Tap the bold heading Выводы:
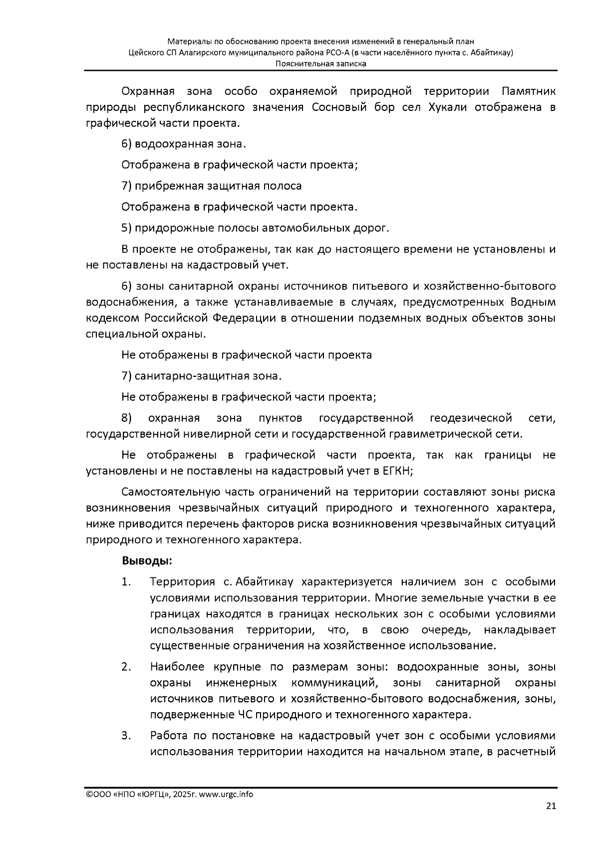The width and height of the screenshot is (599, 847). (147, 561)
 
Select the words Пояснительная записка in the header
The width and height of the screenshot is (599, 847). (321, 63)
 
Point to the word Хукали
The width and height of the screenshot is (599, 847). (448, 107)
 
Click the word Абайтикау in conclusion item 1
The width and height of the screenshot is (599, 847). (264, 582)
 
